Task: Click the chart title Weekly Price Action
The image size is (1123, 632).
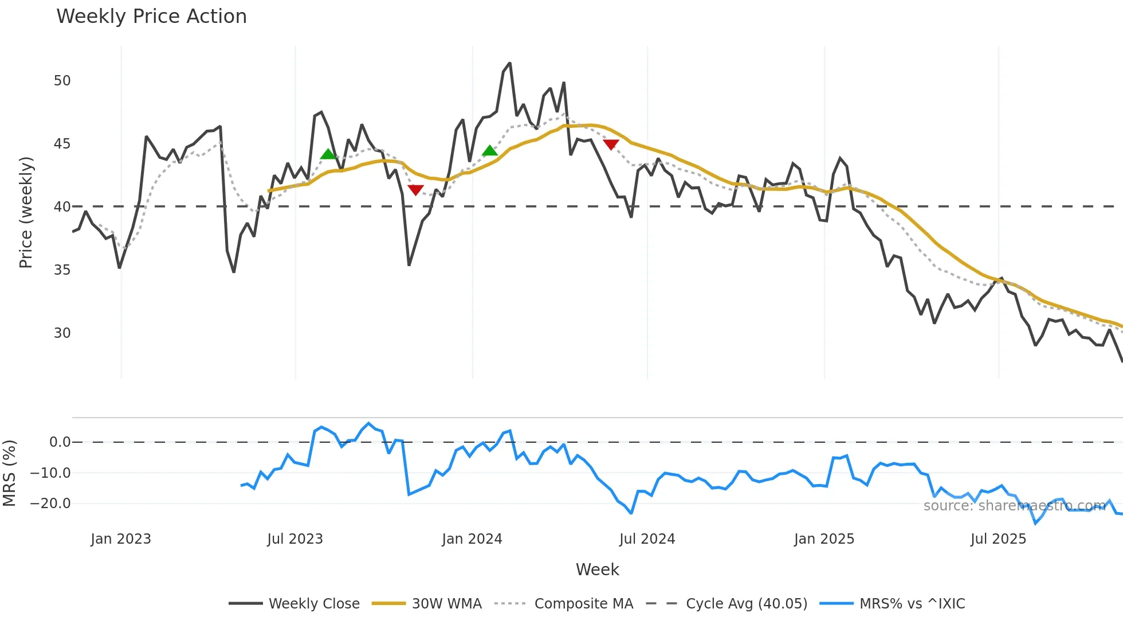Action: click(x=151, y=17)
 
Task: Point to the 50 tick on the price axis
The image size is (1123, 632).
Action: click(x=62, y=81)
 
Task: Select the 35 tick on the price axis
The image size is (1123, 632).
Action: click(x=62, y=270)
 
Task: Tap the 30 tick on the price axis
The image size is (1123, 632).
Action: click(x=62, y=333)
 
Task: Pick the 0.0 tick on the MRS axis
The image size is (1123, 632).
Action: click(x=60, y=442)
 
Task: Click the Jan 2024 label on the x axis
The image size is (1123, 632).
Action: click(x=472, y=539)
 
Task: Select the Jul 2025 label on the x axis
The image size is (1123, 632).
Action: click(x=998, y=539)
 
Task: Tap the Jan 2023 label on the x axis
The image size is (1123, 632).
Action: click(x=121, y=539)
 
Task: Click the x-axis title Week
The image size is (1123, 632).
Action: click(x=597, y=569)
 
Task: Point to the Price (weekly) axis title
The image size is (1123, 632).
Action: click(x=26, y=212)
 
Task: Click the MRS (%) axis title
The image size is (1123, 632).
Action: click(x=10, y=473)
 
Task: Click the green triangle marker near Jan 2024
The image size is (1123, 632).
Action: click(x=490, y=151)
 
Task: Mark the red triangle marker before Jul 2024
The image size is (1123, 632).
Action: click(x=611, y=145)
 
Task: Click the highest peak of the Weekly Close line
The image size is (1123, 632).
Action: click(x=510, y=64)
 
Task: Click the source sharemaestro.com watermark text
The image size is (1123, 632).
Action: click(x=1014, y=506)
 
